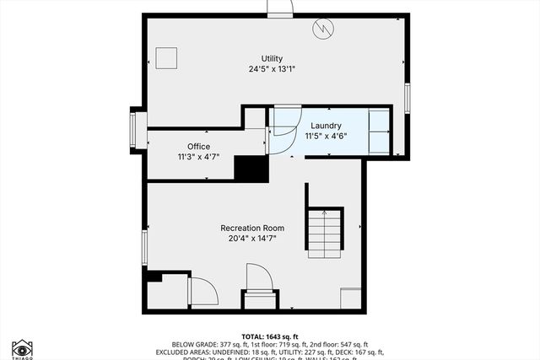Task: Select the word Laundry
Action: coord(326,125)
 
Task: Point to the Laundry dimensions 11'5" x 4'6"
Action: coord(326,136)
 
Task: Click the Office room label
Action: coord(198,146)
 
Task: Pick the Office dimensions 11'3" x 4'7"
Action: coord(198,157)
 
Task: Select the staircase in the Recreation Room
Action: coord(324,232)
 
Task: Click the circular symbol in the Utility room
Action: coord(322,30)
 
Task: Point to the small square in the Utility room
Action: coord(167,58)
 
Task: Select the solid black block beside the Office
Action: coord(251,169)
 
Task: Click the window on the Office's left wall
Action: coord(132,130)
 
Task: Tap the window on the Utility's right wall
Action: coord(407,98)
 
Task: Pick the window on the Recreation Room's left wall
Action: coord(144,247)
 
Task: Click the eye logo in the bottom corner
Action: coord(22,348)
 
